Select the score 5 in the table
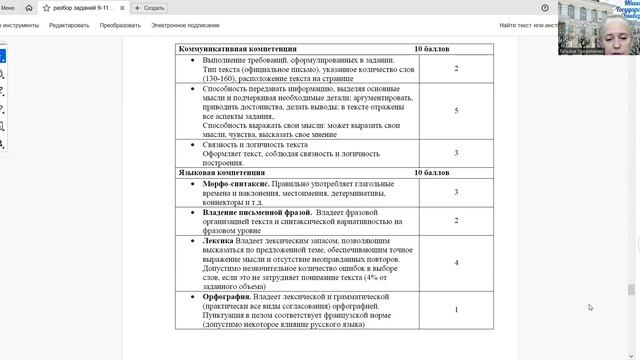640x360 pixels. (x=456, y=111)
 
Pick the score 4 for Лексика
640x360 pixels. (x=456, y=262)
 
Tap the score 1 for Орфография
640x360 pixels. (x=456, y=310)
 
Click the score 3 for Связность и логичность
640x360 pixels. (x=456, y=153)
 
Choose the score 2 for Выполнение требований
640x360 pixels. (x=456, y=68)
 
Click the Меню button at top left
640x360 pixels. (x=8, y=7)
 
